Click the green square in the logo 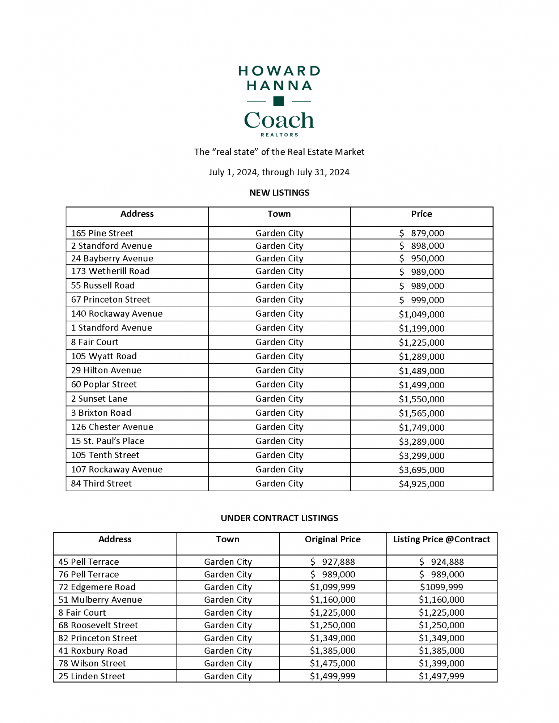[x=278, y=101]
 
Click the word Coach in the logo [x=279, y=120]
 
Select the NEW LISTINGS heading [x=279, y=193]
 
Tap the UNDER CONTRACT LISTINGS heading [x=279, y=518]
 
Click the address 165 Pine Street [x=102, y=233]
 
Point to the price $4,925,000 [x=422, y=484]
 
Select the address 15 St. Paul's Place [x=107, y=441]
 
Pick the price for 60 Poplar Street [x=422, y=385]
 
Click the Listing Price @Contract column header [x=441, y=539]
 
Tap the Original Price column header [x=333, y=539]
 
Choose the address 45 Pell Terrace [x=89, y=562]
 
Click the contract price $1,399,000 [x=441, y=663]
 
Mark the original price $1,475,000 [x=333, y=663]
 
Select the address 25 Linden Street [x=92, y=676]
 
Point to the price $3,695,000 [x=422, y=470]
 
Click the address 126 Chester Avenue [x=112, y=427]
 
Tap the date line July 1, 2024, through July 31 [x=279, y=172]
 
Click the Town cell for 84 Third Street [x=279, y=484]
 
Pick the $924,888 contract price [x=441, y=562]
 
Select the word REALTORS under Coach [x=279, y=135]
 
